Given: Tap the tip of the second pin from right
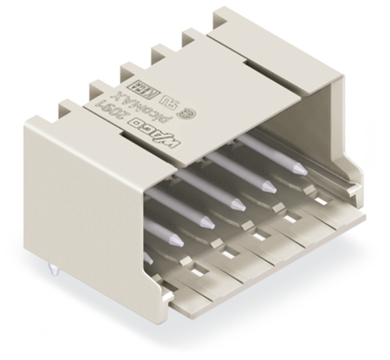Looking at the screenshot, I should click(268, 187).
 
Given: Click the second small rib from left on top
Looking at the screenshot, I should click(129, 75).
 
